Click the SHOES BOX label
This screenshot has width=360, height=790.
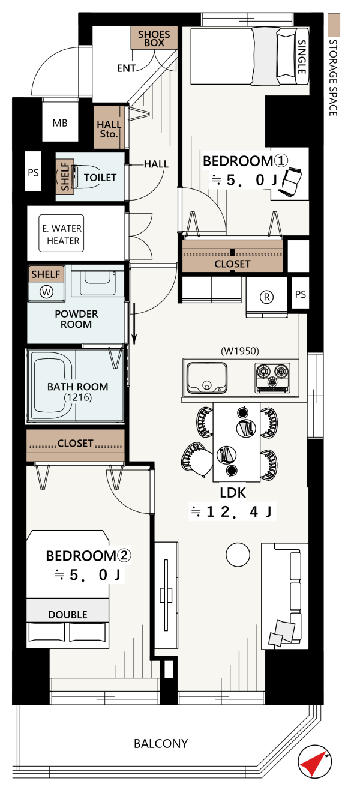154,39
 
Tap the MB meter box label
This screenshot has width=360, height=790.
59,123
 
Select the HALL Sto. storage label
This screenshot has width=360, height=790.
109,129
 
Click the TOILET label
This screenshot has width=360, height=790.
100,178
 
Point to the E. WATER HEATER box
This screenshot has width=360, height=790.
61,234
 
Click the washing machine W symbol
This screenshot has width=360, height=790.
46,292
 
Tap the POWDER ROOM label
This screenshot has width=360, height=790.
76,319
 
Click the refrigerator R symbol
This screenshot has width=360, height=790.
266,297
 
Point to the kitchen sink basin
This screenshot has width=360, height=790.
207,378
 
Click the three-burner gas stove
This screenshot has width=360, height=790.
272,378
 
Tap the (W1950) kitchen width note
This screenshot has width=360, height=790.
240,351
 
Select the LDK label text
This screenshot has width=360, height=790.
233,493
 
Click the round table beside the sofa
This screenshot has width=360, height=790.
238,555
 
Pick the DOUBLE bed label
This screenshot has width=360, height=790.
68,615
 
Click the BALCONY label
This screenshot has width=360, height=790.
161,744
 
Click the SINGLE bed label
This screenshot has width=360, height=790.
301,57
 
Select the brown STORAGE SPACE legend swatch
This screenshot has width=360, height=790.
334,25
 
